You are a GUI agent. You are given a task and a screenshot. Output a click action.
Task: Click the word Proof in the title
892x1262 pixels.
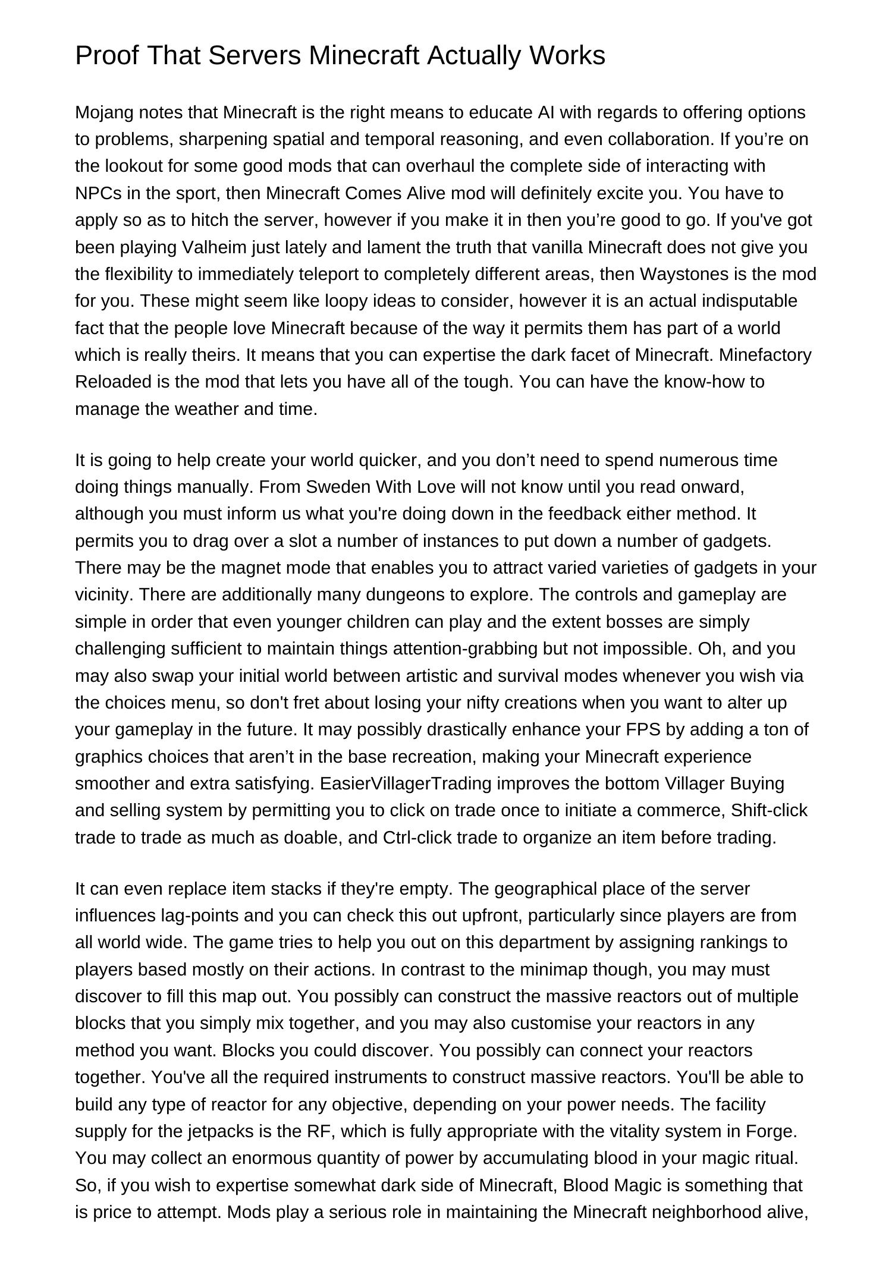(x=106, y=56)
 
